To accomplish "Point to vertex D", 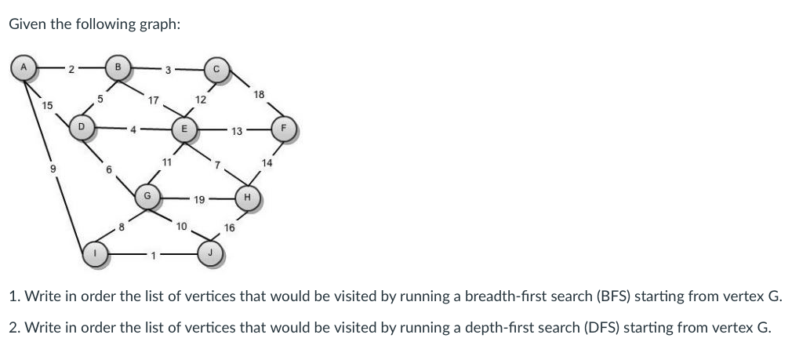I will click(x=81, y=126).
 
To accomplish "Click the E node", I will click(x=183, y=129).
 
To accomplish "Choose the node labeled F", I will click(x=284, y=129).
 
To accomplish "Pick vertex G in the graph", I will click(x=147, y=195).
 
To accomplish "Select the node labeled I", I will click(x=96, y=255).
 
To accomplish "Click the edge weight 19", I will click(x=199, y=200).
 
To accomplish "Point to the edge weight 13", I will click(x=236, y=131).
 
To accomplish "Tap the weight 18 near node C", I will click(x=260, y=94).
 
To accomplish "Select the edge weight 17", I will click(x=154, y=100).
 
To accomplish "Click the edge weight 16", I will click(x=230, y=227).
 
